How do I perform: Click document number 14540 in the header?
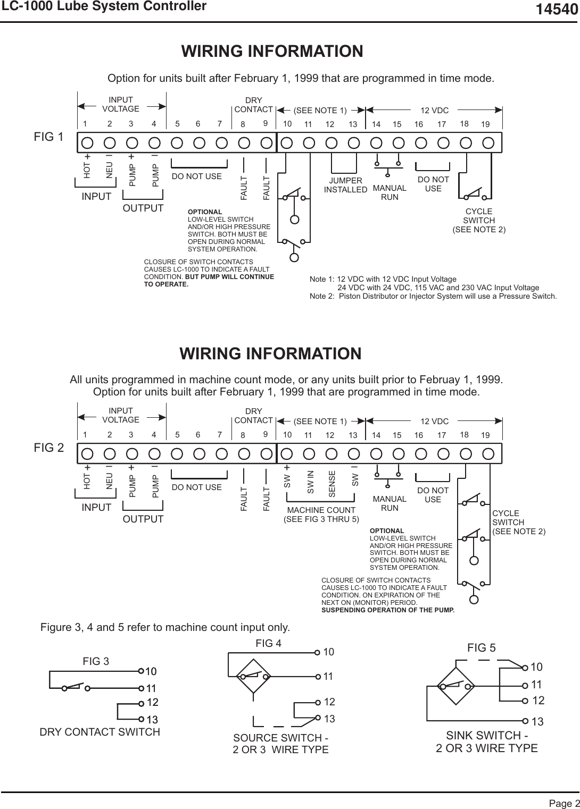click(x=556, y=9)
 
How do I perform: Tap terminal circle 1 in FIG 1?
click(x=87, y=142)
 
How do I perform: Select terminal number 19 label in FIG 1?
click(x=485, y=124)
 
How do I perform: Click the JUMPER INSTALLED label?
click(x=345, y=185)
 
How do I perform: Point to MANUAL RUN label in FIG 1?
click(x=390, y=192)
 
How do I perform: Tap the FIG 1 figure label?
click(x=48, y=137)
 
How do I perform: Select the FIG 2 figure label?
click(x=48, y=448)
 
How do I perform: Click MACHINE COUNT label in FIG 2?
click(x=321, y=510)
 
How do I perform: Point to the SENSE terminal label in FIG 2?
click(x=332, y=484)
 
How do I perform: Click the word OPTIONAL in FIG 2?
click(x=387, y=530)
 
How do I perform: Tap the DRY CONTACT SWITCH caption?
click(x=100, y=732)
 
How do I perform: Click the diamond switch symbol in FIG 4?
click(x=254, y=676)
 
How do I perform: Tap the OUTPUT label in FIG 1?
click(x=143, y=208)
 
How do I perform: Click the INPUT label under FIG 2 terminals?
click(x=96, y=507)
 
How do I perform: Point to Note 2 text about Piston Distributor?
click(x=433, y=296)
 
